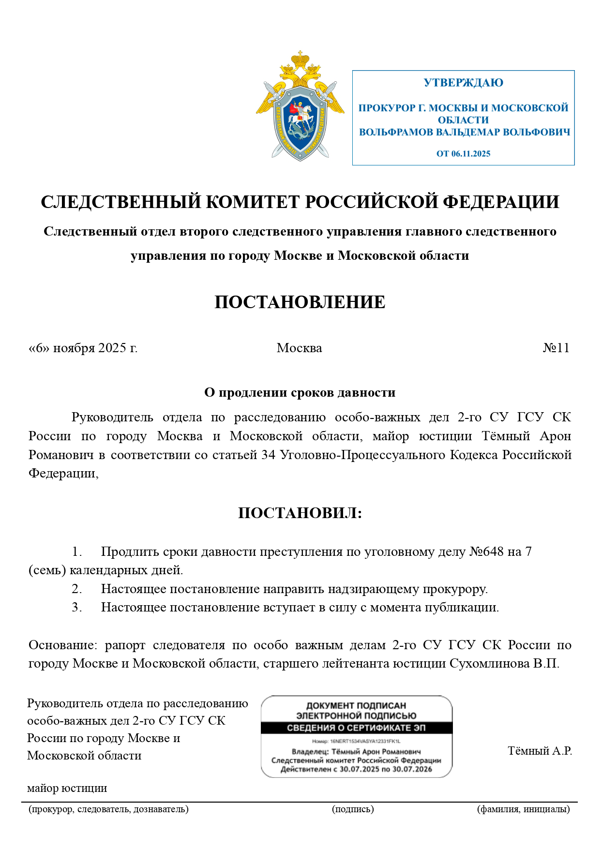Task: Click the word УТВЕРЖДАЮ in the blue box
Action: coord(463,83)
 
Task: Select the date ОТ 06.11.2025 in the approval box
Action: coord(463,154)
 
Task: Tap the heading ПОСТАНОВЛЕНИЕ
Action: coord(300,302)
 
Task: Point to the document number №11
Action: coord(556,348)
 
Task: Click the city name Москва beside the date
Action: coord(299,348)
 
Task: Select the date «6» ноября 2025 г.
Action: coord(83,348)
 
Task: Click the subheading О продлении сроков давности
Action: coord(300,392)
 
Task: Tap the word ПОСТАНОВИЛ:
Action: coord(300,513)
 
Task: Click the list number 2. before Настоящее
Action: coord(77,589)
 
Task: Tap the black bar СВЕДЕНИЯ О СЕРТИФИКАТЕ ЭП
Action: coord(356,728)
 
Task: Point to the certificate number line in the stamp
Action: coord(356,741)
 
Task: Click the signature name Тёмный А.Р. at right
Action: coord(540,751)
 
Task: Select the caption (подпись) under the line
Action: coord(353,809)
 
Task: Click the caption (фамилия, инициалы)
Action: coord(523,809)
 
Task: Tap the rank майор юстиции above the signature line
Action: coord(67,788)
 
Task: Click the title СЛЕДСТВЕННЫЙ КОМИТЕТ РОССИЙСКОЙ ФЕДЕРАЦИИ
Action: coord(300,202)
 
